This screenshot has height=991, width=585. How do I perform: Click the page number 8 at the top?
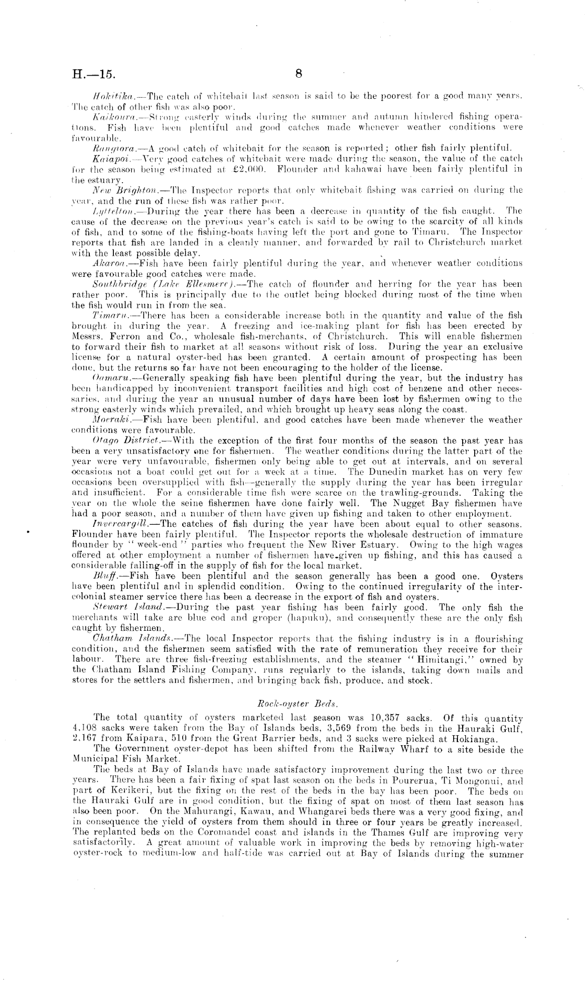pyautogui.click(x=298, y=74)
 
